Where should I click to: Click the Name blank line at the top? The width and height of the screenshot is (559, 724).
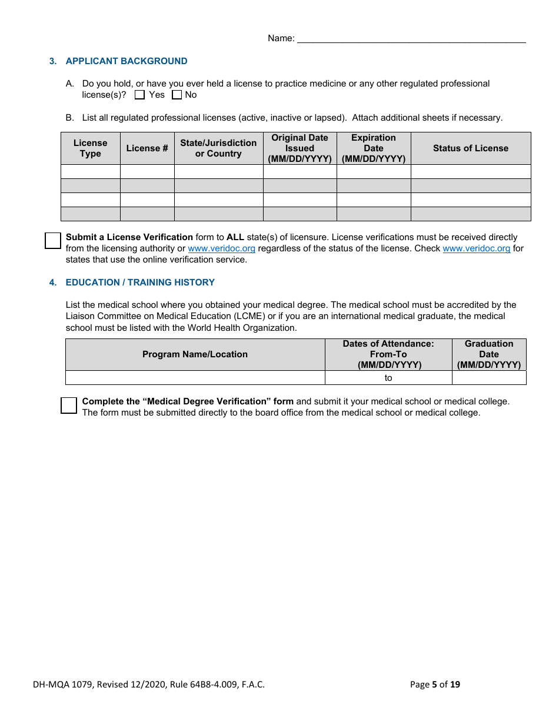(411, 39)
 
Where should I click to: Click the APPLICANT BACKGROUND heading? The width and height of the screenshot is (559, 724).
(126, 61)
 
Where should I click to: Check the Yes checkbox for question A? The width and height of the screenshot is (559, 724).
(139, 95)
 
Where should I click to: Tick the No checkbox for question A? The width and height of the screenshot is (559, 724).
(177, 95)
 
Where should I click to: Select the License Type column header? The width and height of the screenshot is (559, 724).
(91, 148)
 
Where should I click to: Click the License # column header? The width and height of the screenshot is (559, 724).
(147, 148)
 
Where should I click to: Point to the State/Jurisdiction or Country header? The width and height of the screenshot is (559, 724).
(218, 148)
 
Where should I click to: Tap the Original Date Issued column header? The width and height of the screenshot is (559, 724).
(300, 148)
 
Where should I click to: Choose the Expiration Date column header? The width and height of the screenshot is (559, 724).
(374, 148)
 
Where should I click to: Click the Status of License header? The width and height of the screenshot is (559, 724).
(471, 148)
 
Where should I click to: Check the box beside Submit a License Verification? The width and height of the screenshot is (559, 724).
(53, 240)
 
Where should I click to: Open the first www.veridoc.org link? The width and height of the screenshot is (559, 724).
(221, 248)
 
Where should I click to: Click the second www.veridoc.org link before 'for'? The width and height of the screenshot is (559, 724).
(476, 248)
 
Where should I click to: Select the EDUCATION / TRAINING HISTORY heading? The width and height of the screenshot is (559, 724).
(140, 283)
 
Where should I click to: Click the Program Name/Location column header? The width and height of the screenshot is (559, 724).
(195, 354)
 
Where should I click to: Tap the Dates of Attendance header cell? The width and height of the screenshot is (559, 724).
(388, 354)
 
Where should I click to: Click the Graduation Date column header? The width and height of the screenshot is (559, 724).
(489, 354)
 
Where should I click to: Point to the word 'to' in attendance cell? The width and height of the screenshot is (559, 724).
(388, 378)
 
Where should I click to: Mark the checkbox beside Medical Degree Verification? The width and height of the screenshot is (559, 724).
(69, 405)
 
